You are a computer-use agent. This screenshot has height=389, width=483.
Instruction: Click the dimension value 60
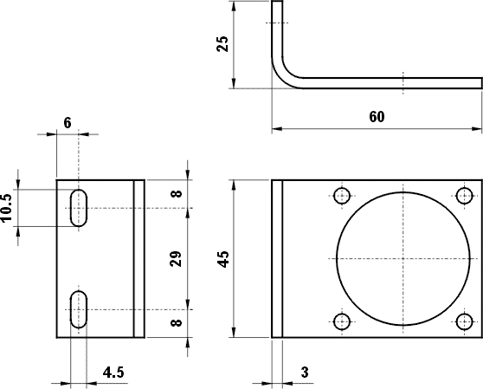[x=376, y=116]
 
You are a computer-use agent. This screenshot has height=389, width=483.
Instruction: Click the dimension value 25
[x=223, y=44]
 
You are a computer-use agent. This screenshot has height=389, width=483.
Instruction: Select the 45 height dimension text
[x=223, y=258]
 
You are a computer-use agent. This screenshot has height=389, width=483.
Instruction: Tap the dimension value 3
[x=305, y=372]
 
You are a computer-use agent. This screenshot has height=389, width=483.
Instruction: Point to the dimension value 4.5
[x=113, y=372]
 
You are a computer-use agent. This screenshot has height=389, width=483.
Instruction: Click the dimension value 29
[x=177, y=258]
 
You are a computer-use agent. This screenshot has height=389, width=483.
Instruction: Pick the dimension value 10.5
[x=8, y=208]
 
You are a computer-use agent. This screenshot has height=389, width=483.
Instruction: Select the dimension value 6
[x=68, y=123]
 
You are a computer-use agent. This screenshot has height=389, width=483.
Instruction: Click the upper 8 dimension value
[x=177, y=194]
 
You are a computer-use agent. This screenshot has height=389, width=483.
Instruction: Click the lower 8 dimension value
[x=177, y=323]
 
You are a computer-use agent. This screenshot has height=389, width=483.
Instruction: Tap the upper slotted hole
[x=79, y=208]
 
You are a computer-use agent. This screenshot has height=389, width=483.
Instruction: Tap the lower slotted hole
[x=79, y=309]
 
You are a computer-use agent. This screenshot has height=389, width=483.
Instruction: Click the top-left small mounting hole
[x=342, y=195]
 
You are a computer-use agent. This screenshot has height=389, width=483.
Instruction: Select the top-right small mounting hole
[x=465, y=195]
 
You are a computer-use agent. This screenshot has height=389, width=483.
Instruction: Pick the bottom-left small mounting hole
[x=342, y=322]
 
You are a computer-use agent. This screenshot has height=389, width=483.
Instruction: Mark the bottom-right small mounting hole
[x=465, y=322]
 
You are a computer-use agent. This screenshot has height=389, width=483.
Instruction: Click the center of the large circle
[x=403, y=258]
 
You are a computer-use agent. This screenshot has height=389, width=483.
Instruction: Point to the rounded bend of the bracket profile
[x=283, y=75]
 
